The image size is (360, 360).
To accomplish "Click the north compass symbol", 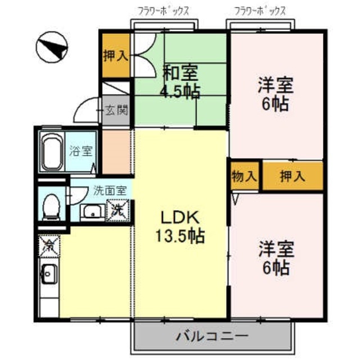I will [x=51, y=48].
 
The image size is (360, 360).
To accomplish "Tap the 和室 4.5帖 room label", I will [x=181, y=81].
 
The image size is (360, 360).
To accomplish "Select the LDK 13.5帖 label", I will [x=180, y=226].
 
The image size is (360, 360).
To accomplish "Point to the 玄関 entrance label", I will [x=116, y=109].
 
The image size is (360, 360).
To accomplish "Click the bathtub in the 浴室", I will [x=52, y=152].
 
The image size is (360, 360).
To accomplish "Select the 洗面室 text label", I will [x=109, y=190].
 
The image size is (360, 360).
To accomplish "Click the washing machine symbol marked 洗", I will [x=118, y=211].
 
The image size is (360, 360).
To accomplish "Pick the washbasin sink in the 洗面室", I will [x=91, y=211].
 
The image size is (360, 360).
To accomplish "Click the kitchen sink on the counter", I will [x=48, y=276].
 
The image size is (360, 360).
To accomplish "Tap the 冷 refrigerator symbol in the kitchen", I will [x=48, y=245].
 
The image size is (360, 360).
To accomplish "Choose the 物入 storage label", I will [x=244, y=176].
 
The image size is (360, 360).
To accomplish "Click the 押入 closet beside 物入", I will [x=292, y=176].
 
